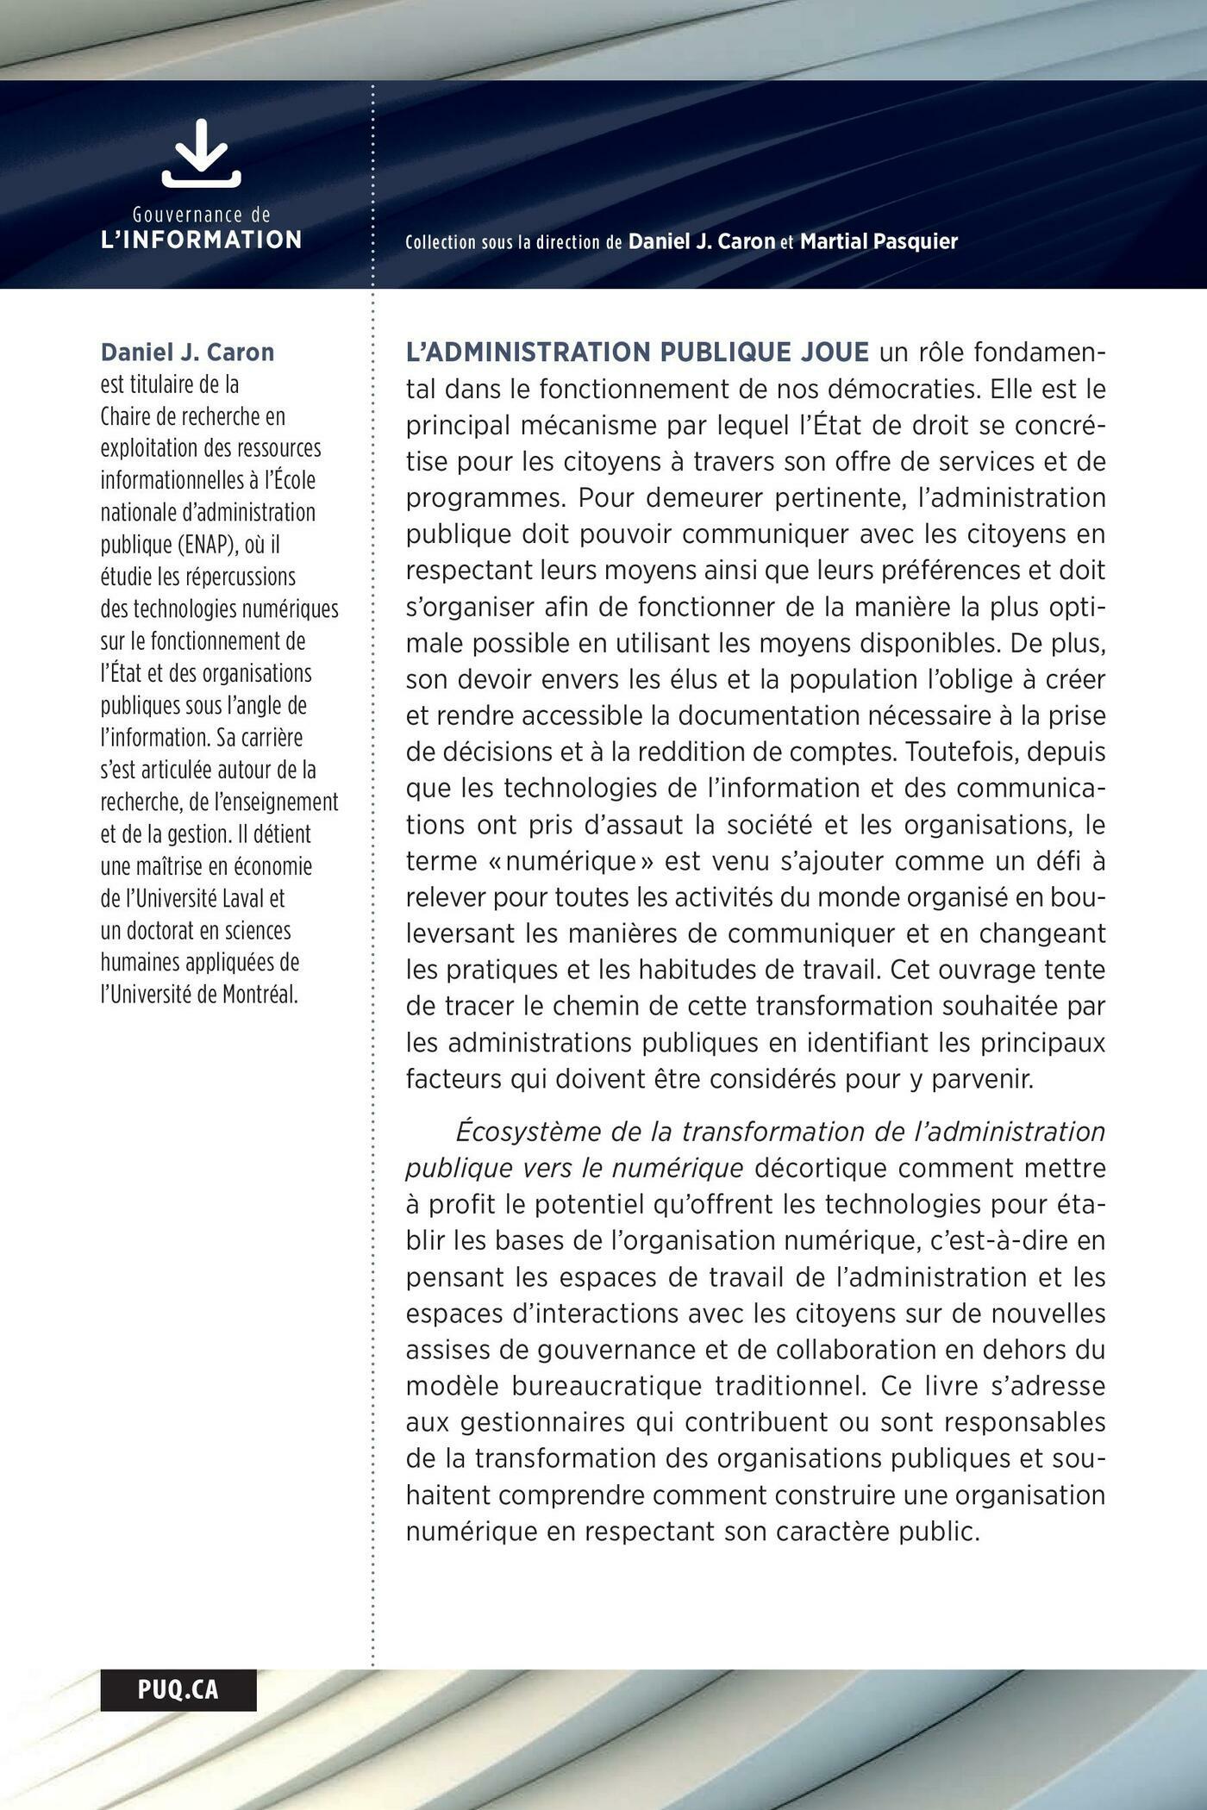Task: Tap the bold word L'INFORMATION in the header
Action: tap(202, 240)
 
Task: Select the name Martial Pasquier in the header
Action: tap(879, 242)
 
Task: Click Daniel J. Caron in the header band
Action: tap(702, 242)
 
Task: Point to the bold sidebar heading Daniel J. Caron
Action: tap(187, 353)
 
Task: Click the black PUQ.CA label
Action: tap(178, 1689)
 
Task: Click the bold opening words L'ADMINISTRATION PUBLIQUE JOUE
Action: tap(637, 353)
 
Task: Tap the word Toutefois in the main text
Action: tap(960, 752)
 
